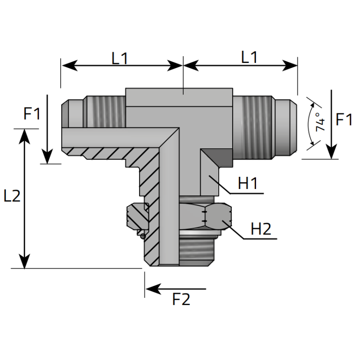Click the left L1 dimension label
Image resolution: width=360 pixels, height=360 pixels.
(x=120, y=58)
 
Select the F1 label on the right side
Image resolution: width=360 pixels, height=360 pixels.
(x=344, y=120)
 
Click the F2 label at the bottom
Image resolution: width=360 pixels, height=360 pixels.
(x=181, y=299)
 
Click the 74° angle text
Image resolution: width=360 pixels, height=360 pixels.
(x=320, y=122)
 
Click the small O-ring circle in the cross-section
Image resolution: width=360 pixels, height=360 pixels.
(x=143, y=236)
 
